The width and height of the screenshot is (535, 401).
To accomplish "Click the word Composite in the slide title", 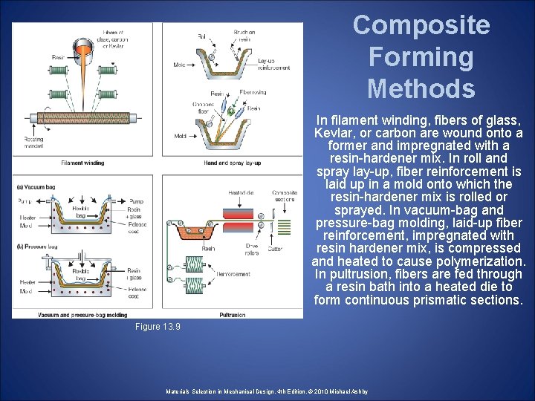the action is click(x=421, y=25).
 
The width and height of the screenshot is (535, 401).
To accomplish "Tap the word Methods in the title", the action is click(x=421, y=89).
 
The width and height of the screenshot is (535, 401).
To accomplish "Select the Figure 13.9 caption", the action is click(x=158, y=327).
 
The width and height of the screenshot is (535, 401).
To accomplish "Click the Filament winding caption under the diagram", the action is click(x=82, y=163).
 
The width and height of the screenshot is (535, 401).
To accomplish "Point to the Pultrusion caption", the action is click(x=232, y=315).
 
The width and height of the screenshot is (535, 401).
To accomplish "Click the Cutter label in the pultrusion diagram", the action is click(x=275, y=250).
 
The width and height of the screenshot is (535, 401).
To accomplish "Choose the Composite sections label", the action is click(x=284, y=196).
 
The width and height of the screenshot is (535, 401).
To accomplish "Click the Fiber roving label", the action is click(x=253, y=94).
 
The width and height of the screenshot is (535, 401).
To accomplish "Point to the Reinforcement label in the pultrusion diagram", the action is click(x=233, y=274).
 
